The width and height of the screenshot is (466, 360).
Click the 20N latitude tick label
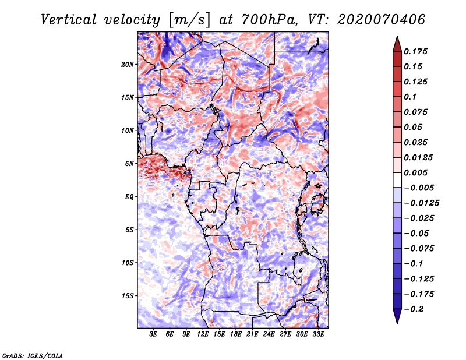[x=128, y=64]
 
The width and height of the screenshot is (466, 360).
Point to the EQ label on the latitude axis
[x=129, y=197]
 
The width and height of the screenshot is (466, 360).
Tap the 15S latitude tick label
[x=128, y=296]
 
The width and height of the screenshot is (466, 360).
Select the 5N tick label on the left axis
[x=129, y=164]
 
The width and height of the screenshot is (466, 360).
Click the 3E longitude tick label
[x=154, y=335]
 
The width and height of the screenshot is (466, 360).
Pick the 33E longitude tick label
[x=318, y=335]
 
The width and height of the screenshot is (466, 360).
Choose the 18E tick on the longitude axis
[x=236, y=335]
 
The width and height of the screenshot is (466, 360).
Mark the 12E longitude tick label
[x=203, y=335]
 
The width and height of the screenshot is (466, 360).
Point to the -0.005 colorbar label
[x=419, y=188]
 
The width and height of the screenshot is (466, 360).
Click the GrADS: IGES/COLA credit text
[x=32, y=355]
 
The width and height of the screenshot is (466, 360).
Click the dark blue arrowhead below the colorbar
[x=397, y=317]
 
